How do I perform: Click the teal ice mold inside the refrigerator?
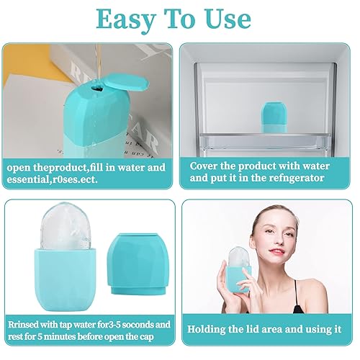(x=272, y=117)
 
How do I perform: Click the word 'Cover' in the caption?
(x=207, y=166)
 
